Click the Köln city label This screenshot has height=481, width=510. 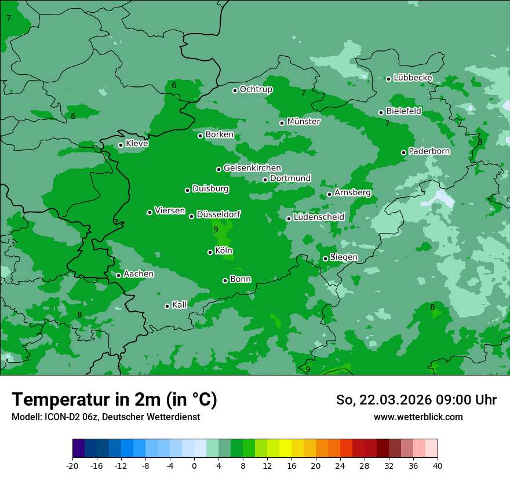click(223, 251)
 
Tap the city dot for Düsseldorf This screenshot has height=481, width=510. click(192, 216)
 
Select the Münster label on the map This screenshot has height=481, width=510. click(303, 122)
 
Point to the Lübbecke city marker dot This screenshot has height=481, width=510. click(389, 79)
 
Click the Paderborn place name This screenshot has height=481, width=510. click(429, 151)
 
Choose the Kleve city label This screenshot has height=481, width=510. click(137, 144)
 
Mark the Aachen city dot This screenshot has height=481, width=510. click(119, 275)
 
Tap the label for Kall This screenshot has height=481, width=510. click(179, 305)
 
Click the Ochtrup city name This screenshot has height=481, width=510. click(256, 89)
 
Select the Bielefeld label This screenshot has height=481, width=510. click(403, 111)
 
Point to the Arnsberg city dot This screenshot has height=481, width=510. click(329, 194)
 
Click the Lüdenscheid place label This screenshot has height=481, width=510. click(319, 217)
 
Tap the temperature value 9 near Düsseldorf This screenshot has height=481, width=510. click(216, 230)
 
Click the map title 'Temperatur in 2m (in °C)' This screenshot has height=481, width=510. click(114, 399)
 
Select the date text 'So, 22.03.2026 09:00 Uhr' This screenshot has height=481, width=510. click(416, 400)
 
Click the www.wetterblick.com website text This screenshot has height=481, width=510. click(418, 417)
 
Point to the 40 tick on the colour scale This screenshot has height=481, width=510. click(437, 465)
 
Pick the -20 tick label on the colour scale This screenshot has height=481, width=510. click(72, 465)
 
